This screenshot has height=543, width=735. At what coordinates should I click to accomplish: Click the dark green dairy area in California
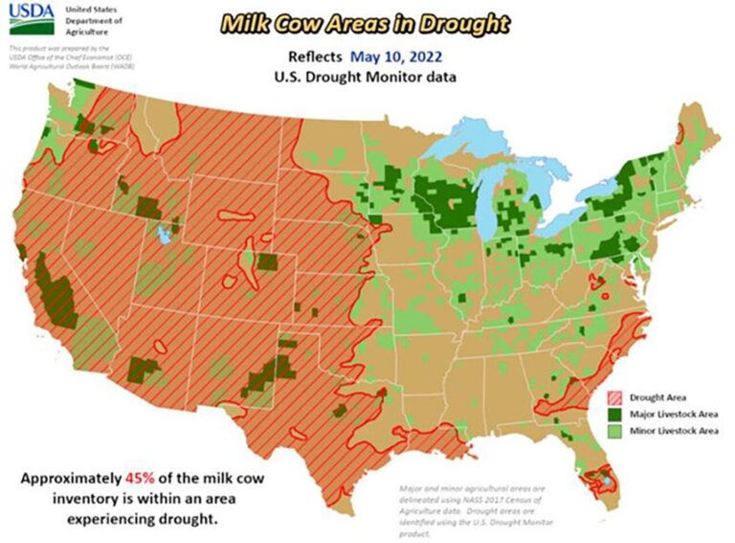coord(50,287)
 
